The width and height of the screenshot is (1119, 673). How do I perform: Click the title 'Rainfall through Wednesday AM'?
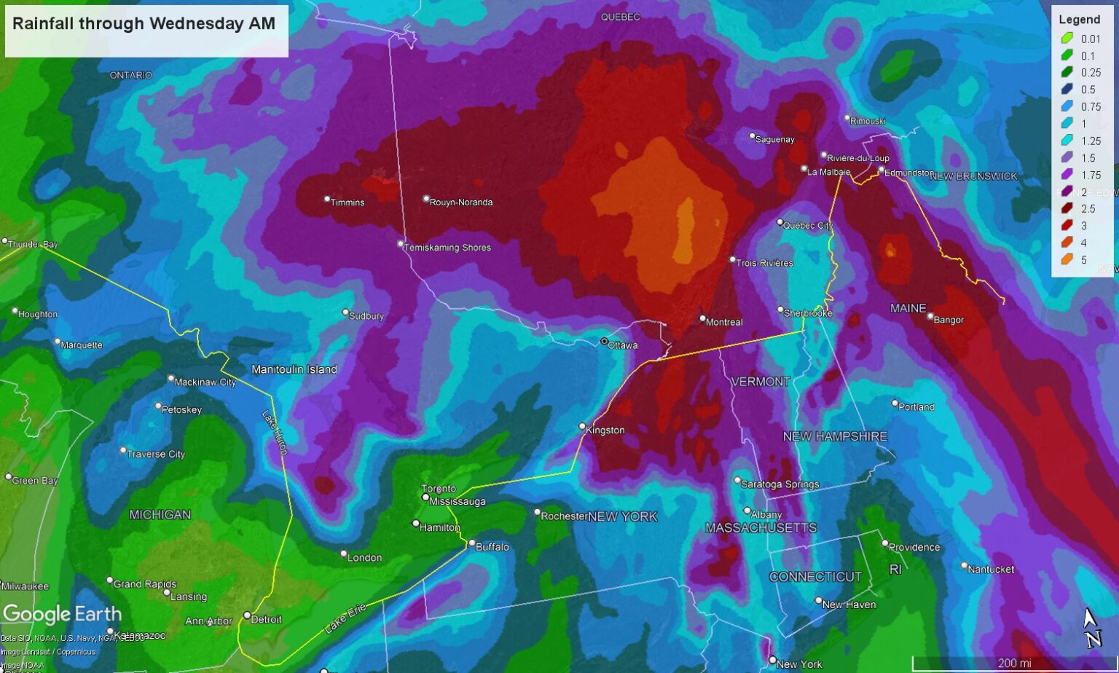144,24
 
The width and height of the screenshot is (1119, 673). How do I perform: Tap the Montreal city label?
724,322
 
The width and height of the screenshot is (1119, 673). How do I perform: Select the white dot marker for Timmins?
327,199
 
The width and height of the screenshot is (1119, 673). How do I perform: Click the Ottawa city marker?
604,341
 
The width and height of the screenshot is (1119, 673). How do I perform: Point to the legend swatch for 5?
1067,259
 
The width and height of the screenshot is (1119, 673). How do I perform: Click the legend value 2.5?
1088,208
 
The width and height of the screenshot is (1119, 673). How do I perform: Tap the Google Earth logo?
62,614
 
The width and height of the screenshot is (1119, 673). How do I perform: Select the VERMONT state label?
760,382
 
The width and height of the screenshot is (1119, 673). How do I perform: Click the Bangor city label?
949,320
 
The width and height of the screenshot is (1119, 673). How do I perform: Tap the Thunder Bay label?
33,244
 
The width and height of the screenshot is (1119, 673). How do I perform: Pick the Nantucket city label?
991,569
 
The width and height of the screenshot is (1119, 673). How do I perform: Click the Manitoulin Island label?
294,369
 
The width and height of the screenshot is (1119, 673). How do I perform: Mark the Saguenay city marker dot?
753,135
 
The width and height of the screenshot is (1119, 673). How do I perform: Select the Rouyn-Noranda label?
461,202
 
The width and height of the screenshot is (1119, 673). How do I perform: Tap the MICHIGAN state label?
160,514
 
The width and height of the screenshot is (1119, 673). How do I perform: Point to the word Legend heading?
1079,20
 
